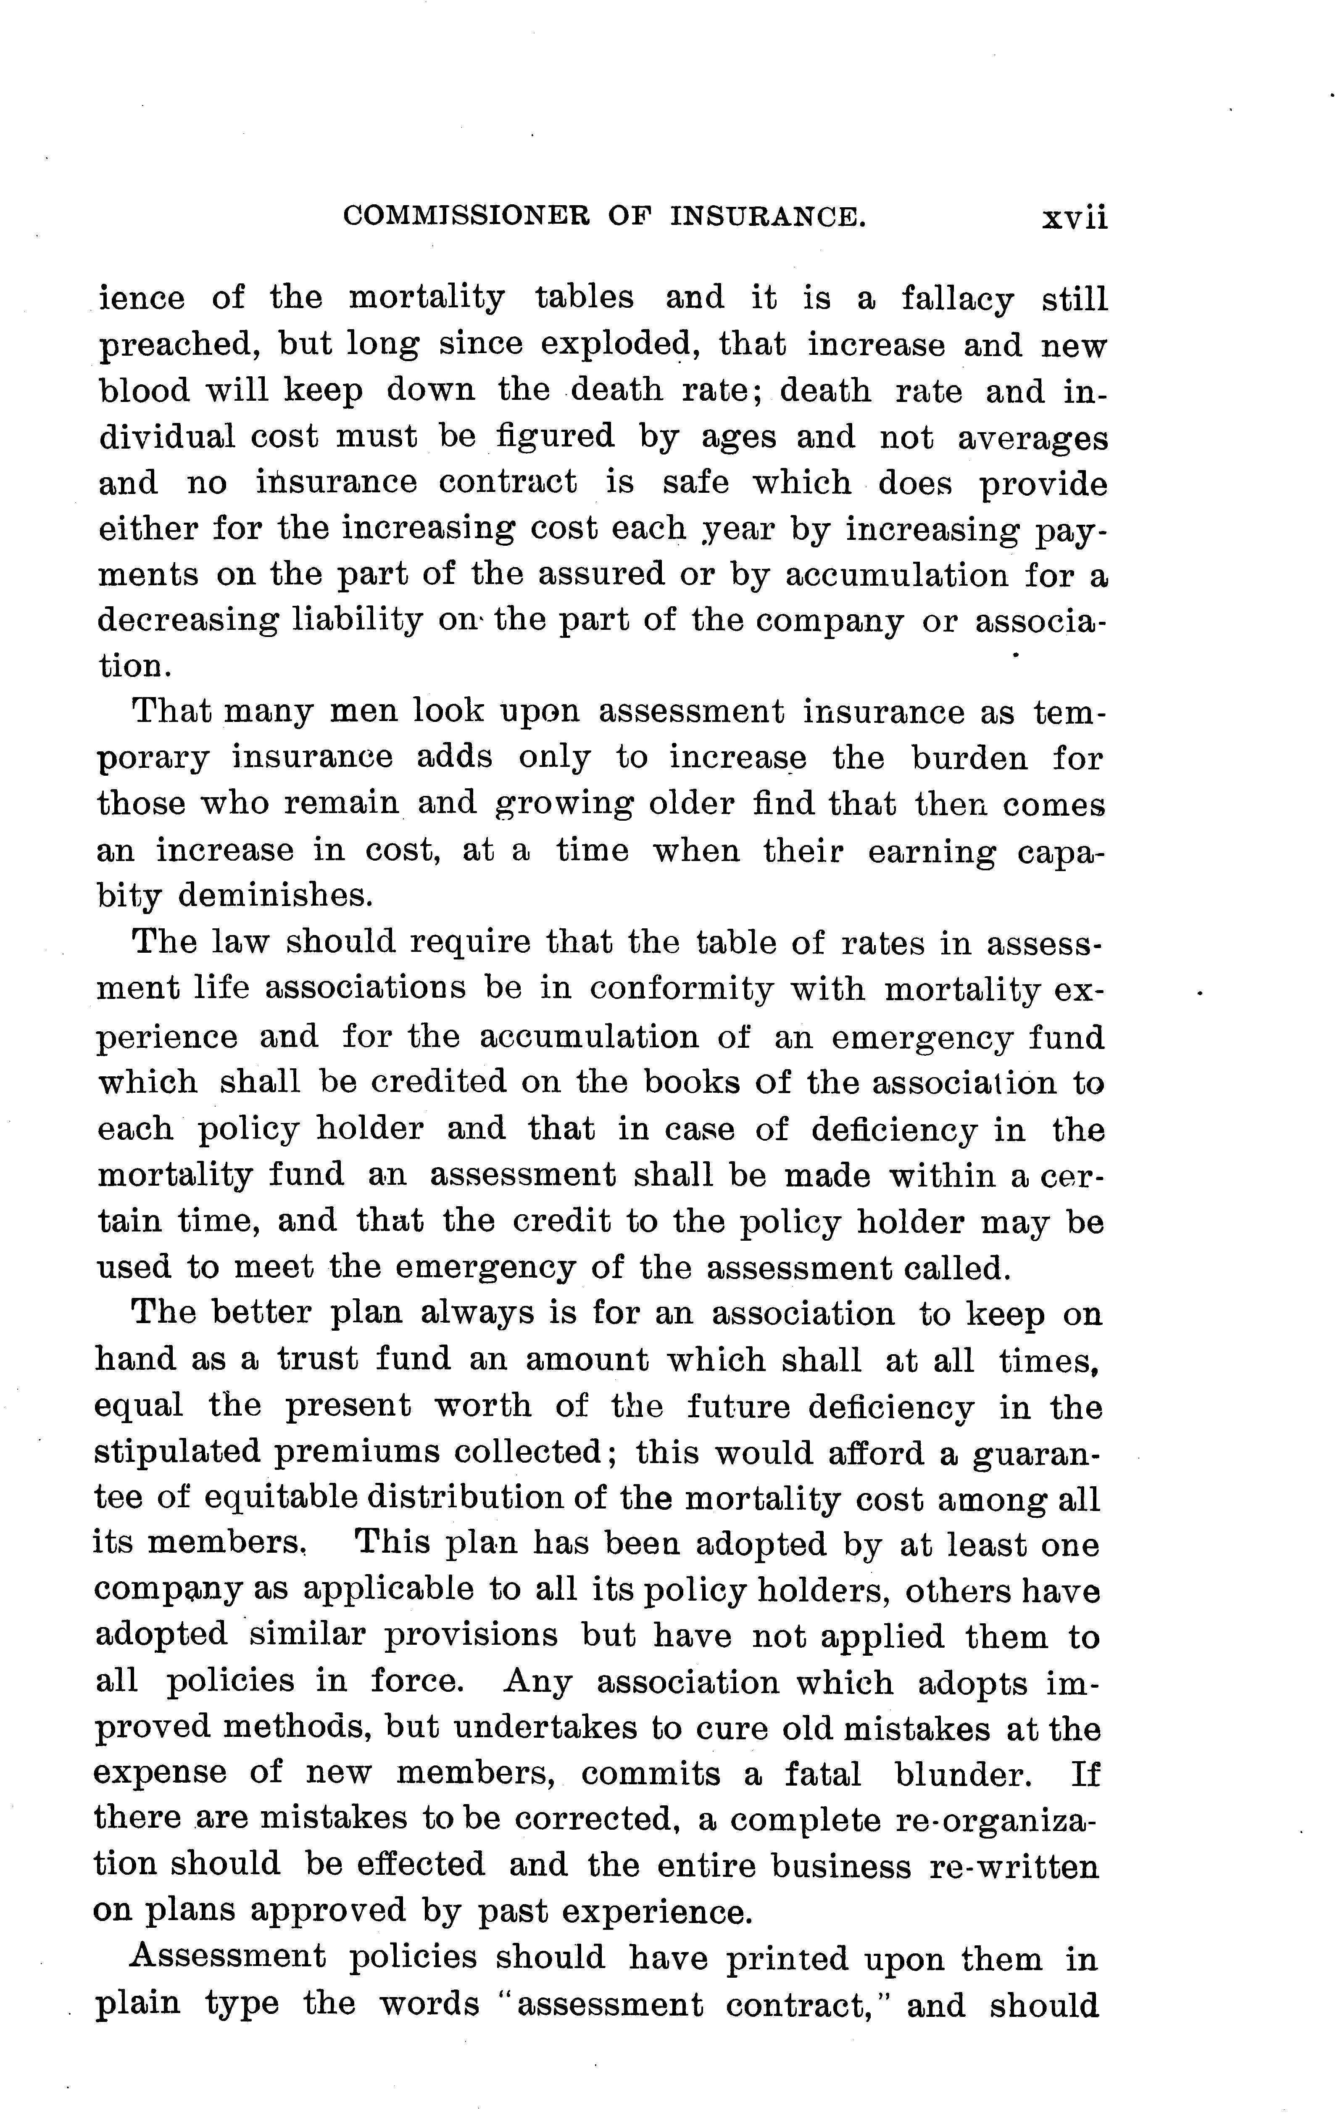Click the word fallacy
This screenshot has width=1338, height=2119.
956,299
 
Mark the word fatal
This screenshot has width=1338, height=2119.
822,1774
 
